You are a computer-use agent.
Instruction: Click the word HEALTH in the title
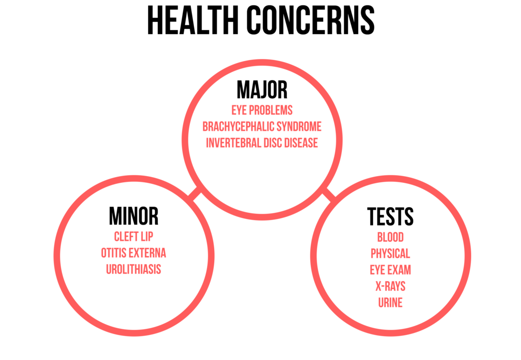193,20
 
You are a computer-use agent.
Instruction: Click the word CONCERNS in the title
311,20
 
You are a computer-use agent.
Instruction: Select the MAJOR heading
262,90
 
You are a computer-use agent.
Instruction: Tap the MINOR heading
134,216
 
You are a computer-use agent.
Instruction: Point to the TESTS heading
390,216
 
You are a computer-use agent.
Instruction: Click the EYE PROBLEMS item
262,110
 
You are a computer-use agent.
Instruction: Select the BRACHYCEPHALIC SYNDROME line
262,127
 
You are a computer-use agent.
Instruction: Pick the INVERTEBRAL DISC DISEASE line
262,143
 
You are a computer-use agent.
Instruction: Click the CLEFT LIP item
134,237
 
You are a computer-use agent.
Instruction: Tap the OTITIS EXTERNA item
134,253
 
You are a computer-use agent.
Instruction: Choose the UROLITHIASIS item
134,269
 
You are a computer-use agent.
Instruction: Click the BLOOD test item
390,237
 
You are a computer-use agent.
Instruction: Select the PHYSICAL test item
390,254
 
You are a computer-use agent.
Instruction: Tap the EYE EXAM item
390,270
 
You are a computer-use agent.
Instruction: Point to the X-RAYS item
390,286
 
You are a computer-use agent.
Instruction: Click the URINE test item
390,302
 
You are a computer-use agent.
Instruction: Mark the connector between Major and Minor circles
195,194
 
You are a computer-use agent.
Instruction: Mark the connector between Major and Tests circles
329,194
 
